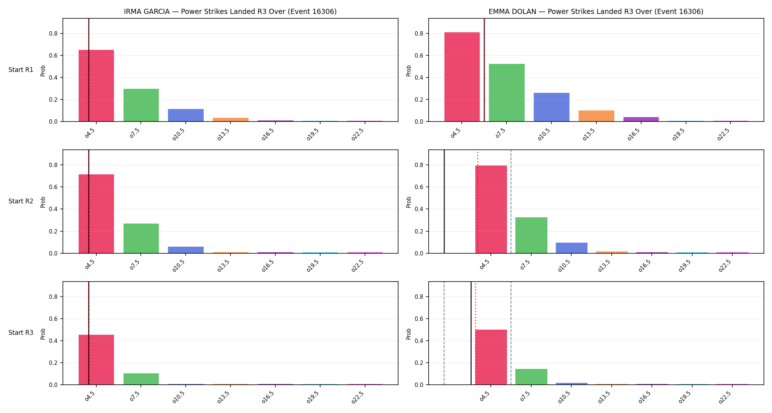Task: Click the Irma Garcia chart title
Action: coord(230,11)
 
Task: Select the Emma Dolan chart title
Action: coord(596,11)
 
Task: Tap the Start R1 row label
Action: coord(21,70)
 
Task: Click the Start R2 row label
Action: coord(21,201)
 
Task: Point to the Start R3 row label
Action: coord(21,333)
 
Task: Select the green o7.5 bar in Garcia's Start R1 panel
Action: coord(141,105)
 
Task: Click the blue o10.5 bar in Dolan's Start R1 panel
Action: coord(551,107)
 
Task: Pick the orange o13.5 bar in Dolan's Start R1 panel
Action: coord(596,116)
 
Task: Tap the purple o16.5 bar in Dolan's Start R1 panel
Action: coord(641,119)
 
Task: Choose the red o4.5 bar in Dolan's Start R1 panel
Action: coord(462,77)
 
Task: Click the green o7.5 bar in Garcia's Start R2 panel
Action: coord(141,238)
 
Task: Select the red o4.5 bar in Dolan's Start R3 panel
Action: coord(491,357)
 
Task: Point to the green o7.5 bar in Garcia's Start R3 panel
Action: coord(141,379)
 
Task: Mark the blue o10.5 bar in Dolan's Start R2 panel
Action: coord(572,248)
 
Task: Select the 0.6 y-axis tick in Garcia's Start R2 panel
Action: coord(54,187)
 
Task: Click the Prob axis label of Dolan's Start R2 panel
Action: coord(408,202)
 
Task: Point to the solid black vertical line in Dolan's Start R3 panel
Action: coord(471,333)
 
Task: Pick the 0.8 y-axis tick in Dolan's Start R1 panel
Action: coord(419,34)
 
